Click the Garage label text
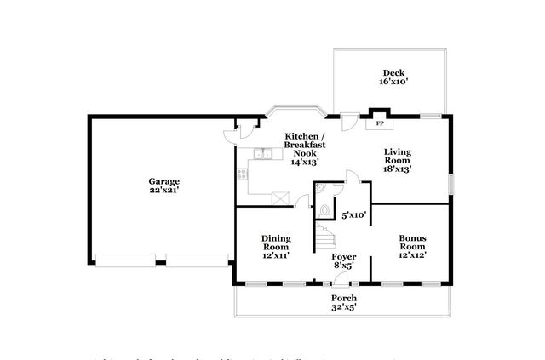tap(163, 180)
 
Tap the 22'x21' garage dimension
tap(163, 191)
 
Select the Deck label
tap(392, 72)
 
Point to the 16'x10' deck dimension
tap(392, 83)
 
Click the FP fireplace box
tap(378, 123)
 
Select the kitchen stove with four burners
tap(242, 172)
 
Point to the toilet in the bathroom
tap(324, 209)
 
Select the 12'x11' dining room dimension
tap(276, 254)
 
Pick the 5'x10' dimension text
tap(353, 214)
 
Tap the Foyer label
tap(344, 255)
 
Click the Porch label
tap(344, 297)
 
